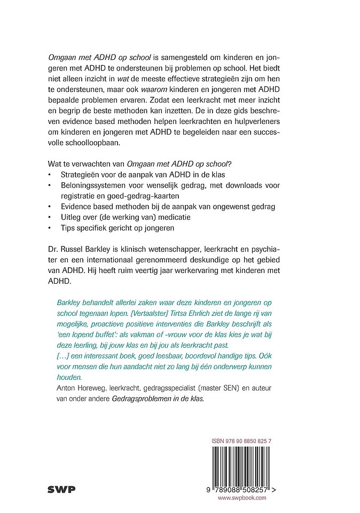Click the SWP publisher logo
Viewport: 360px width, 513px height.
point(61,488)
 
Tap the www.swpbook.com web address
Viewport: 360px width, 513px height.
point(241,498)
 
